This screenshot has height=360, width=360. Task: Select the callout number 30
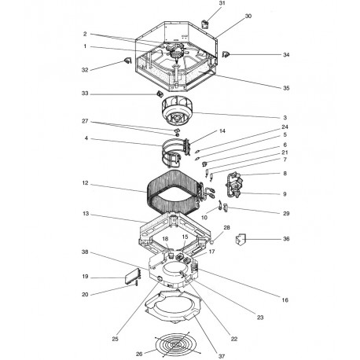[x=226, y=17]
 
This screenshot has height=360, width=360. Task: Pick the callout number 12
[x=84, y=185]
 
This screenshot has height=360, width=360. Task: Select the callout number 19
[x=84, y=277]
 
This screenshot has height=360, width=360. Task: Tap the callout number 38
[x=84, y=252]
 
